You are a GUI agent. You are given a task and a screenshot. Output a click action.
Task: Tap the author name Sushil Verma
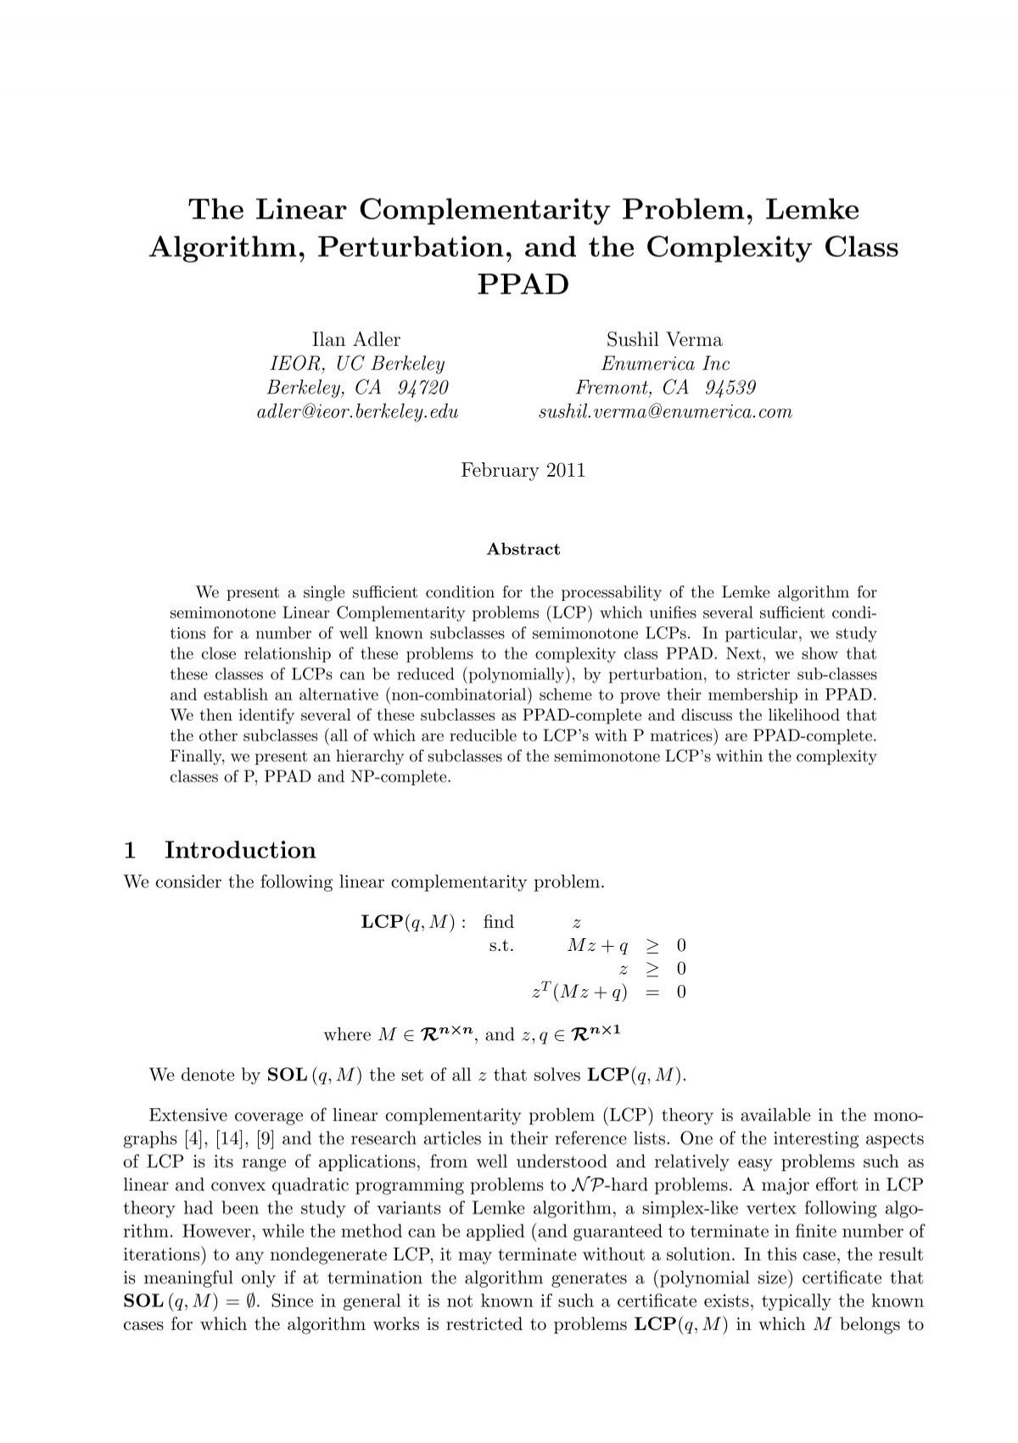(x=664, y=340)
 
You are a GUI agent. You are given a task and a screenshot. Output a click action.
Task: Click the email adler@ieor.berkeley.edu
(x=357, y=412)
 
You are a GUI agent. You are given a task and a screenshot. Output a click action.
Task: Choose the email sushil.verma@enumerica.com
(x=665, y=412)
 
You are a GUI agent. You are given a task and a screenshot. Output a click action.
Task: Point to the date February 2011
(x=523, y=471)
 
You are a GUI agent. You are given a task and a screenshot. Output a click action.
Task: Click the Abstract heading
(x=523, y=549)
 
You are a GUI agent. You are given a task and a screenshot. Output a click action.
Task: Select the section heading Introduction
(x=239, y=850)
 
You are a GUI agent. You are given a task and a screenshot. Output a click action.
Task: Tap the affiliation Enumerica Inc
(x=665, y=364)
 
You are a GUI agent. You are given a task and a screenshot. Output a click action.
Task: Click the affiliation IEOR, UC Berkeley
(x=357, y=364)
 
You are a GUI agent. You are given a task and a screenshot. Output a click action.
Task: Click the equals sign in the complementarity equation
(x=652, y=993)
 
